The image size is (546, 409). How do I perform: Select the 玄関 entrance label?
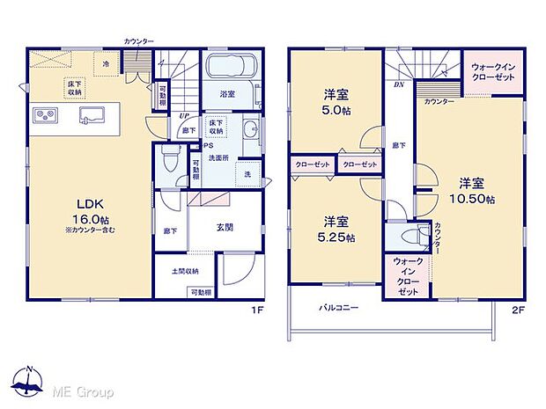(x=224, y=227)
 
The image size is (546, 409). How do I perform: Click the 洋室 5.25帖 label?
(x=337, y=229)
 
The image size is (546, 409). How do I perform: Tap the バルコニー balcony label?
(x=339, y=309)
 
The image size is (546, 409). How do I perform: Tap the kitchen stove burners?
(x=46, y=115)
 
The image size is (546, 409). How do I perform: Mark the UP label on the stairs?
(x=183, y=115)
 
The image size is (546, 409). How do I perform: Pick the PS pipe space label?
(x=210, y=145)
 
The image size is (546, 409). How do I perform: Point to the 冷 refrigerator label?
(x=106, y=65)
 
